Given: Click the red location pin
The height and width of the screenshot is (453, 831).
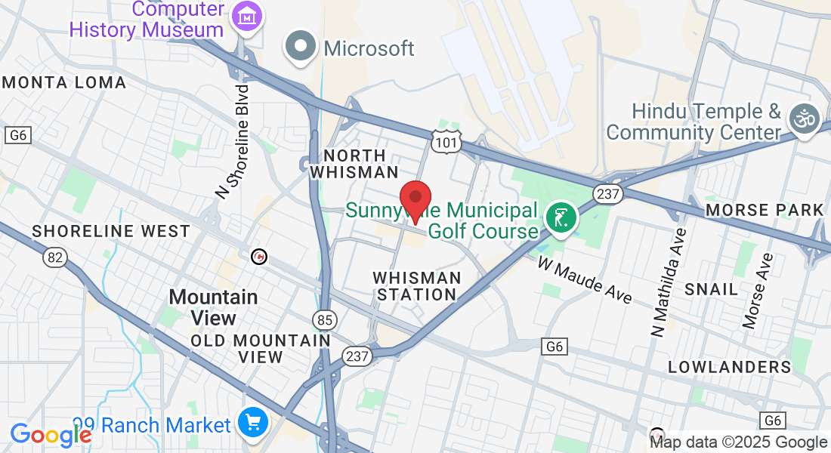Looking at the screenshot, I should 415,199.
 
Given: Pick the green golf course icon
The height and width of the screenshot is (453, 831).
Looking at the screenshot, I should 560,219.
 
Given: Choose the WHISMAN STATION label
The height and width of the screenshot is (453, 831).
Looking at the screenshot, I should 416,286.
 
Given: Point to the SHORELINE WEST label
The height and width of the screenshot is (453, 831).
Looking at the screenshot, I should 111,231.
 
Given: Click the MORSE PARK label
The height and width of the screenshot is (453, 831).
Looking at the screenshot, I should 765,210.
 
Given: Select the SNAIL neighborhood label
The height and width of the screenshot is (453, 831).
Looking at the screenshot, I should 711,289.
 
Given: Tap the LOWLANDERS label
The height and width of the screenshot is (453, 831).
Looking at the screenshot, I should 729,367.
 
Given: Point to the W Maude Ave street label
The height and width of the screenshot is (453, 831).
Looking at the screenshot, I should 585,279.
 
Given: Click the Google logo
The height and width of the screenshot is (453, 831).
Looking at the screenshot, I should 51,435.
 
